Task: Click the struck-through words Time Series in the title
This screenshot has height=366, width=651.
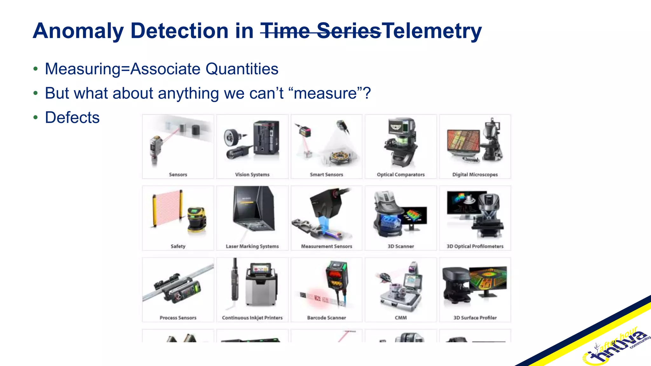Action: [320, 31]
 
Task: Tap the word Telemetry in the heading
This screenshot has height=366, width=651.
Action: [432, 31]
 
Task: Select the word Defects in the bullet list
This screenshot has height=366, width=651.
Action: [72, 118]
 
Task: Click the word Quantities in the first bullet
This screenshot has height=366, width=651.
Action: [242, 69]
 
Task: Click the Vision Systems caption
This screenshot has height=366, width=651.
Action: [252, 174]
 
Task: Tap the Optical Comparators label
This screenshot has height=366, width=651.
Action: [401, 174]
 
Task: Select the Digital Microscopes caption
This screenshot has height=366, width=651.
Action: [475, 174]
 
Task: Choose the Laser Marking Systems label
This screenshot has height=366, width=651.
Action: [252, 246]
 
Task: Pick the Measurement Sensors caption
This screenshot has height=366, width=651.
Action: [326, 246]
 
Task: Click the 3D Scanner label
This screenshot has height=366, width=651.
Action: [401, 246]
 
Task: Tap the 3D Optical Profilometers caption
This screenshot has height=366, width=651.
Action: [475, 246]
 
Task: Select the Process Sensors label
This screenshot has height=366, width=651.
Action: [178, 318]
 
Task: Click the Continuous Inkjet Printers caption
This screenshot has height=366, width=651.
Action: [252, 318]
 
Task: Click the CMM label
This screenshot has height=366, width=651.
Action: [401, 318]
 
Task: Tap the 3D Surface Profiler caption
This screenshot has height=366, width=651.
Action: [475, 318]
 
